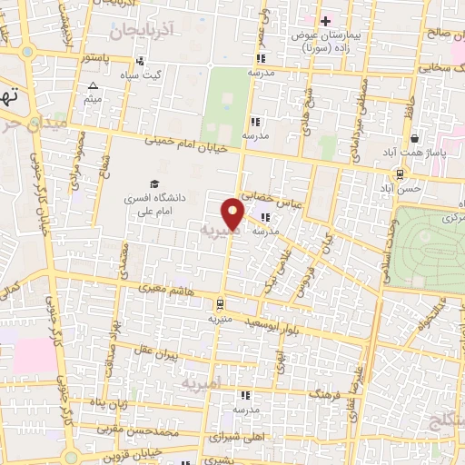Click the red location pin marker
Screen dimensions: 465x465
(x=234, y=214)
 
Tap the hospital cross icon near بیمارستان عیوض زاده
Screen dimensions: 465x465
(x=326, y=20)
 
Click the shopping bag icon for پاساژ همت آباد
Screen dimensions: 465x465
(x=415, y=139)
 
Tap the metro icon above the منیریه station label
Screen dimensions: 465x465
(x=221, y=305)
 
